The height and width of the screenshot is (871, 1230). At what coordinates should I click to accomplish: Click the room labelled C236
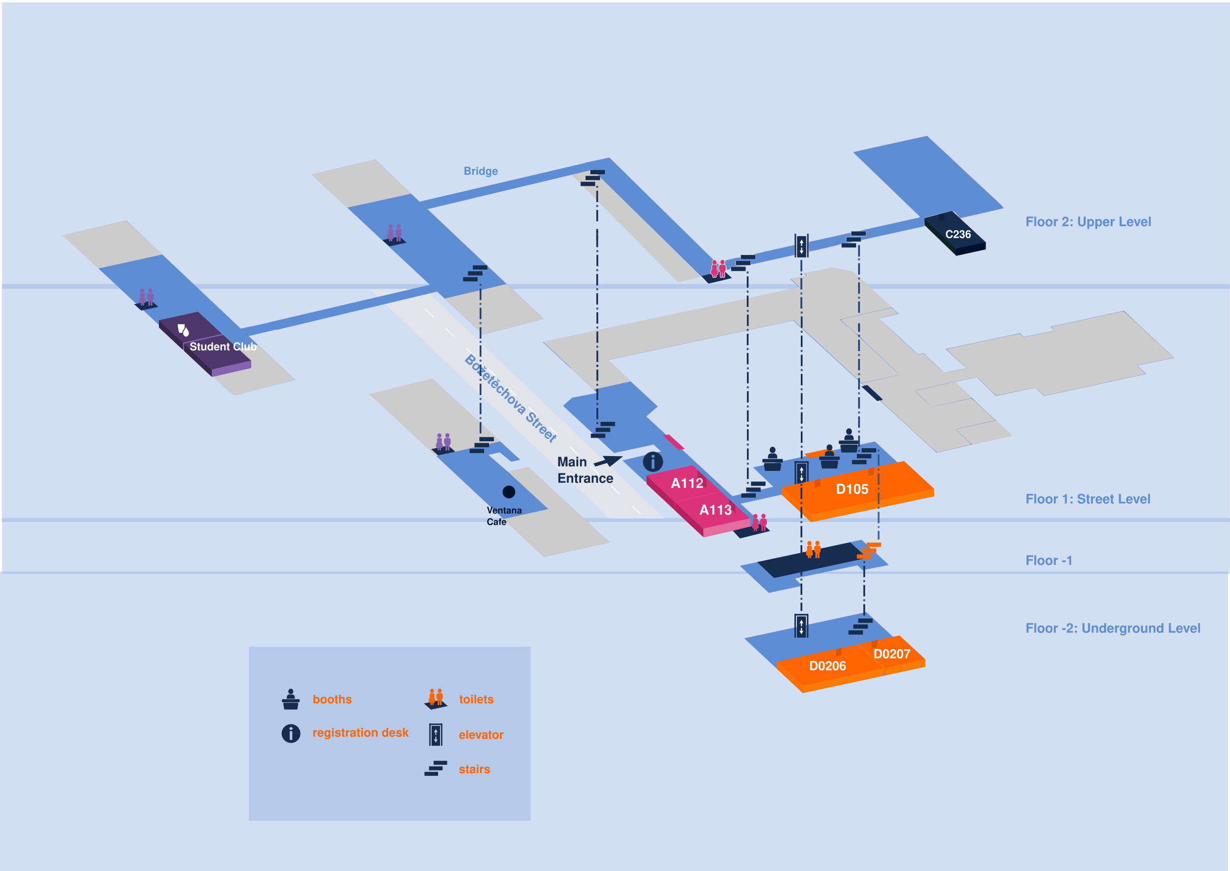pyautogui.click(x=958, y=234)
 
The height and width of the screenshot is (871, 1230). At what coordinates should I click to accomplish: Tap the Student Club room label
pyautogui.click(x=223, y=347)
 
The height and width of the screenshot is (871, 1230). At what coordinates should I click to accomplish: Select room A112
pyautogui.click(x=687, y=483)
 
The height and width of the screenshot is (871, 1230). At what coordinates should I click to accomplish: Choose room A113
pyautogui.click(x=715, y=510)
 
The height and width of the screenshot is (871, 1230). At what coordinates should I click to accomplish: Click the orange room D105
pyautogui.click(x=852, y=489)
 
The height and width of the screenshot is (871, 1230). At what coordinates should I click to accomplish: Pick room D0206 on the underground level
pyautogui.click(x=827, y=666)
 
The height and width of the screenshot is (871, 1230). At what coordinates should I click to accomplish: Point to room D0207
pyautogui.click(x=891, y=654)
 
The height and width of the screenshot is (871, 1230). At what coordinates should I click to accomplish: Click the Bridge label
pyautogui.click(x=481, y=171)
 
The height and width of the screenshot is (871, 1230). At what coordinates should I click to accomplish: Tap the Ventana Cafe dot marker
pyautogui.click(x=508, y=492)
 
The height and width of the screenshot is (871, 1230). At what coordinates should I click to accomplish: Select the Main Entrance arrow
pyautogui.click(x=608, y=461)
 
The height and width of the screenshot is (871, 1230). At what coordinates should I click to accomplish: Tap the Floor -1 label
pyautogui.click(x=1048, y=561)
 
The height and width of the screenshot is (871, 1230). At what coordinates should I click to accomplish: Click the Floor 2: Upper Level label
pyautogui.click(x=1088, y=221)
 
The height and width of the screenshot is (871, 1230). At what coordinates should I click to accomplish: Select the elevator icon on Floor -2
pyautogui.click(x=801, y=625)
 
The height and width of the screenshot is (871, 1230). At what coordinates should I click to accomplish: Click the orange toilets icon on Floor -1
pyautogui.click(x=813, y=549)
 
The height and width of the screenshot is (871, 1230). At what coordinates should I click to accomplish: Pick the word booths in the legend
pyautogui.click(x=332, y=699)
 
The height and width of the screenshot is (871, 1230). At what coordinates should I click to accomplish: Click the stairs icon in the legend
pyautogui.click(x=436, y=768)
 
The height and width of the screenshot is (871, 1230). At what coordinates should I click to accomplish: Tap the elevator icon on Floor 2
pyautogui.click(x=801, y=246)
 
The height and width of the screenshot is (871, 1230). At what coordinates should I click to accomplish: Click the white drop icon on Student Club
pyautogui.click(x=183, y=329)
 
